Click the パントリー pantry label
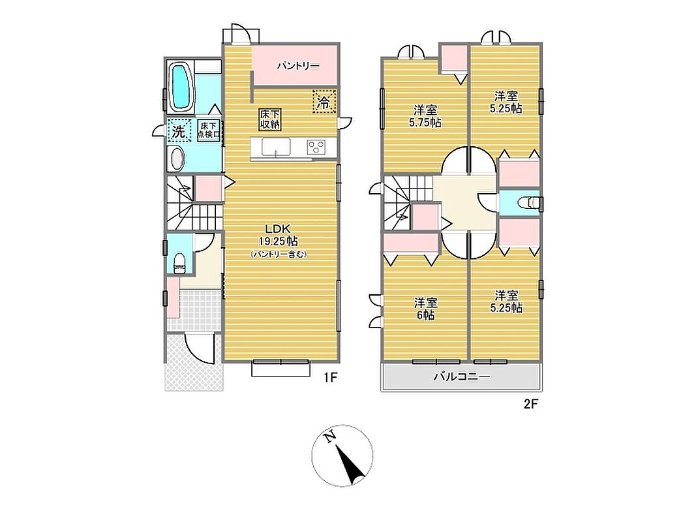click(x=298, y=66)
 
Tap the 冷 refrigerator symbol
click(x=324, y=102)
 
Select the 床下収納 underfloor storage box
click(x=270, y=119)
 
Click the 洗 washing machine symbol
click(x=179, y=130)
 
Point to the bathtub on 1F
click(x=181, y=87)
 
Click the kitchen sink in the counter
click(x=276, y=147)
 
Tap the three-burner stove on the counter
click(x=316, y=147)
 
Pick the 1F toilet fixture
click(x=179, y=263)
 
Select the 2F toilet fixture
click(x=528, y=203)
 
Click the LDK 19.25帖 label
click(x=278, y=236)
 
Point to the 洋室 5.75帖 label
click(x=425, y=116)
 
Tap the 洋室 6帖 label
click(x=426, y=309)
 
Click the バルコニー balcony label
click(x=462, y=377)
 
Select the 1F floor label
click(x=331, y=377)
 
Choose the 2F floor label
click(x=530, y=405)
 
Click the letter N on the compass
click(x=329, y=438)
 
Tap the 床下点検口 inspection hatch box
click(x=209, y=130)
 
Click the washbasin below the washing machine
click(x=177, y=159)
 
